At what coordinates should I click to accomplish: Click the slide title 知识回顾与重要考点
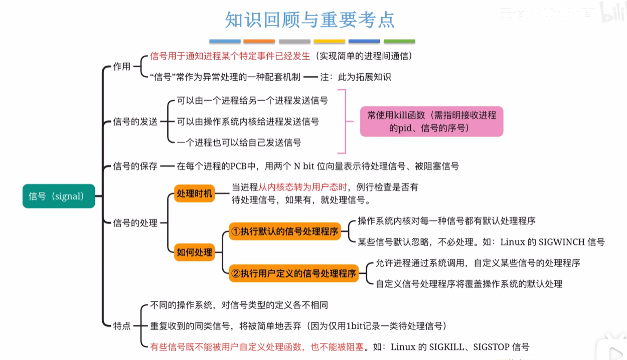[x=309, y=20]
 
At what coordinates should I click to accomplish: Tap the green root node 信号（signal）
[x=59, y=196]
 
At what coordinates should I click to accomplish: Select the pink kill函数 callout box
[x=431, y=121]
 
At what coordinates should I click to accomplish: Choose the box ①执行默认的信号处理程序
[x=284, y=232]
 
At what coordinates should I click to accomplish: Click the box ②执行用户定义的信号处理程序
[x=293, y=273]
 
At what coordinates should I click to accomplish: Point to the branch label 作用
[x=121, y=67]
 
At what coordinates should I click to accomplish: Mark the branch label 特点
[x=121, y=326]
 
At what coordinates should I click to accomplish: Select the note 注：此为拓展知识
[x=355, y=77]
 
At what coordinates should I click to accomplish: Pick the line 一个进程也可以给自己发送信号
[x=239, y=143]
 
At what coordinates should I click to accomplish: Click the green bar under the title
[x=399, y=41]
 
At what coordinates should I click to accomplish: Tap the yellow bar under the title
[x=329, y=41]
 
